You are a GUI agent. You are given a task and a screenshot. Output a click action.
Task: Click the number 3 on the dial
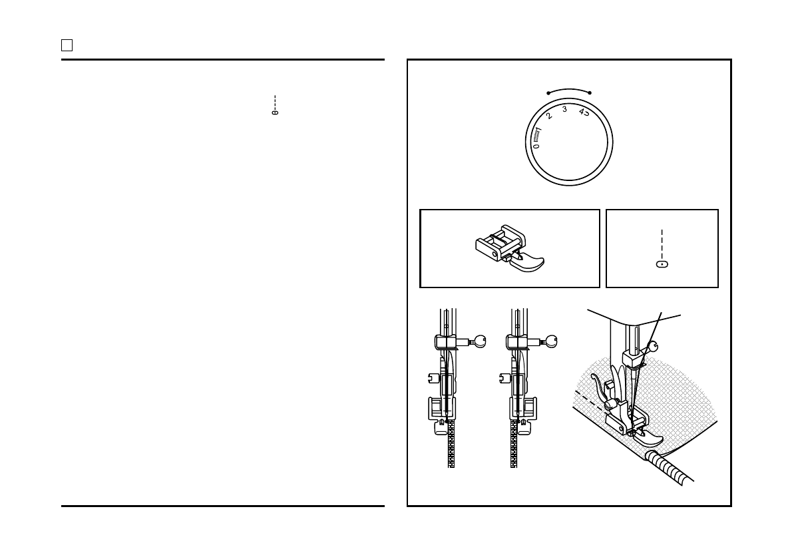click(564, 109)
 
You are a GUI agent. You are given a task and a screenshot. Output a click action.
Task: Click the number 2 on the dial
click(549, 116)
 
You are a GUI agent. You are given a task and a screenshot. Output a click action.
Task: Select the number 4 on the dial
click(581, 112)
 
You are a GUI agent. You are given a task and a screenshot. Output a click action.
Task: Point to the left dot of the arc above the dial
click(548, 93)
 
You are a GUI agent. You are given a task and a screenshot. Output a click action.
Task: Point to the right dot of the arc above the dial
click(590, 93)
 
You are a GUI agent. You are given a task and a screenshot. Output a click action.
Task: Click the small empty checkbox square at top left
click(67, 45)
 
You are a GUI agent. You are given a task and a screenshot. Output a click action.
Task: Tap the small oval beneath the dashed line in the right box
click(662, 264)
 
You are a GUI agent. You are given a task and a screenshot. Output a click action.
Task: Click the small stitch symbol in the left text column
click(274, 112)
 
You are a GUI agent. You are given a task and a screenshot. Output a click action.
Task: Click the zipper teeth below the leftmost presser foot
click(451, 446)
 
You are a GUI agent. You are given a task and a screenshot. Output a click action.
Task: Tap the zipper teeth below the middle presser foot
click(514, 446)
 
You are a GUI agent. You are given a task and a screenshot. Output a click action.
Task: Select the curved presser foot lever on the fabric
click(599, 389)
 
